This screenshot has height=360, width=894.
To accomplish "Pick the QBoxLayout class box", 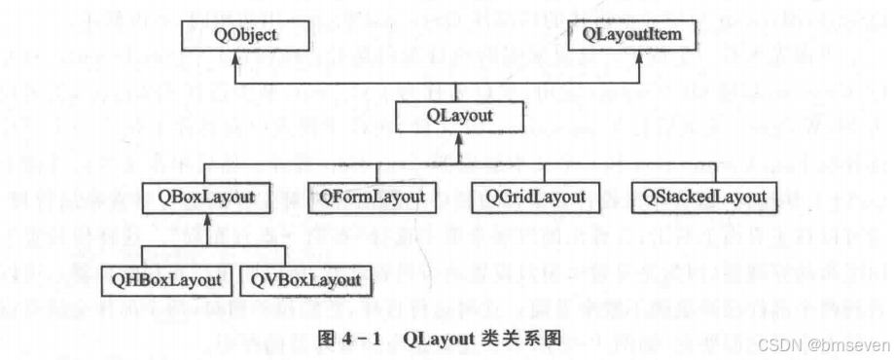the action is [x=206, y=198].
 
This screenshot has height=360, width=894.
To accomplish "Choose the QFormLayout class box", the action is [x=369, y=198].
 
